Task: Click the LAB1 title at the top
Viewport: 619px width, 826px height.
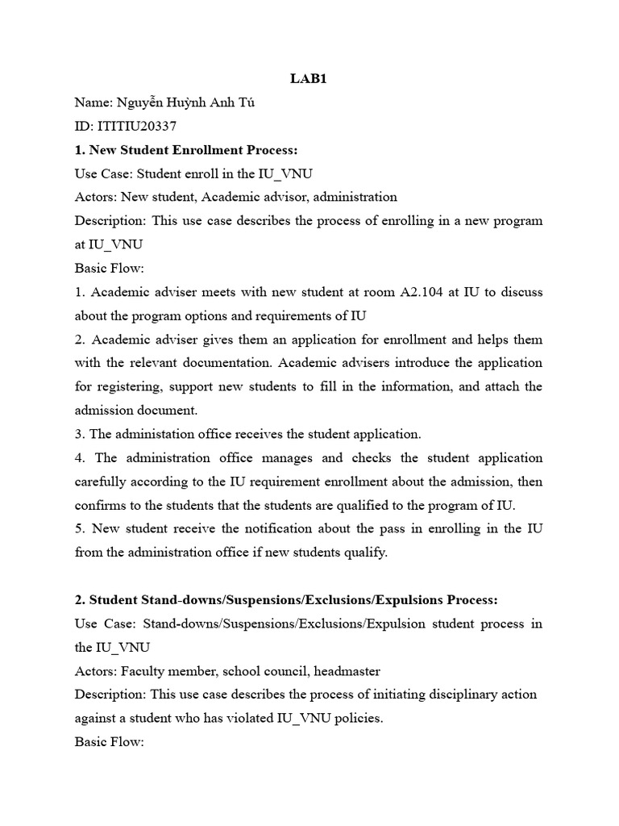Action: click(x=309, y=79)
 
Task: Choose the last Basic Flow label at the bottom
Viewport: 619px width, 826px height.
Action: click(x=109, y=741)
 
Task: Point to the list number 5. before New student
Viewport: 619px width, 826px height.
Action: click(x=80, y=528)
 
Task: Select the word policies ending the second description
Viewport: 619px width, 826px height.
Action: click(x=357, y=718)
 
